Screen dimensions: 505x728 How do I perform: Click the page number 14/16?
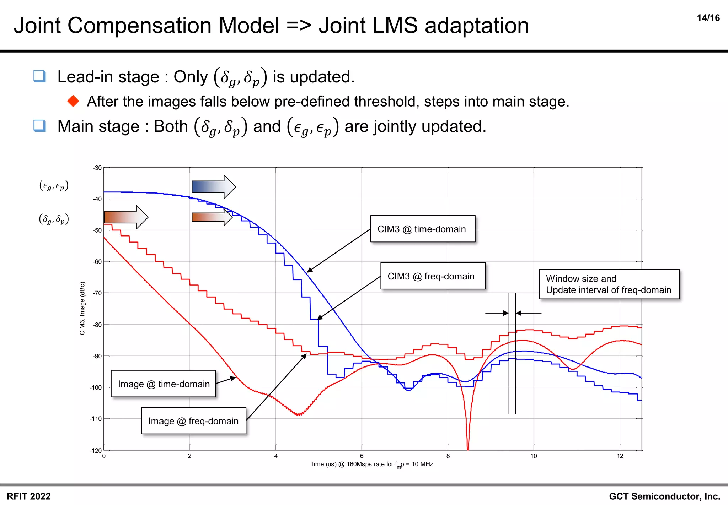point(708,18)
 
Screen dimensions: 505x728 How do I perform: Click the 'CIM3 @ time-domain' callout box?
point(422,229)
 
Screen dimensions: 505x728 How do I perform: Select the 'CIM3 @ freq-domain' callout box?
point(432,276)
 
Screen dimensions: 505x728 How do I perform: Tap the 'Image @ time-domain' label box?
point(164,384)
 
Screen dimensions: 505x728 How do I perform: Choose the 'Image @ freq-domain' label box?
point(193,421)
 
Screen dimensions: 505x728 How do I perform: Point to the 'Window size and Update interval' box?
point(609,284)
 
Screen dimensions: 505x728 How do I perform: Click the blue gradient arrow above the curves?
point(213,187)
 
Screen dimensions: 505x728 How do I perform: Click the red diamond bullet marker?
point(73,101)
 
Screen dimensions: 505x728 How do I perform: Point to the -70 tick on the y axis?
point(97,293)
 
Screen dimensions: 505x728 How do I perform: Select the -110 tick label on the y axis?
point(96,419)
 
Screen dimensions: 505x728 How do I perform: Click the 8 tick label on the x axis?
point(448,456)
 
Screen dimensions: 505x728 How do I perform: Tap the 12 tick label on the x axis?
point(620,456)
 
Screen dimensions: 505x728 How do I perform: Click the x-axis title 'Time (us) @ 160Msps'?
point(371,465)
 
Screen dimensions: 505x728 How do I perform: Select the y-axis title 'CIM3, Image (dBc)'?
point(82,308)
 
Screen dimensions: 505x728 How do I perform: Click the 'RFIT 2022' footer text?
point(29,496)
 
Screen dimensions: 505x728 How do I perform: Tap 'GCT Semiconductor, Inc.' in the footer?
point(664,496)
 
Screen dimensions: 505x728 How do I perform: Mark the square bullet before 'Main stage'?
point(39,126)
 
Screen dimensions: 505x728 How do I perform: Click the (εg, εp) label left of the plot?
point(54,186)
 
